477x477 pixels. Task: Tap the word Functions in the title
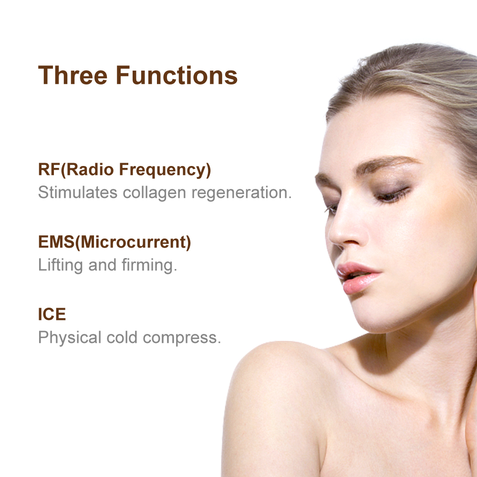point(176,75)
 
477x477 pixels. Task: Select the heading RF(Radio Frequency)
point(124,170)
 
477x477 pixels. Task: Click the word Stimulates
point(78,193)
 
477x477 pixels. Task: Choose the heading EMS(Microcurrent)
point(114,242)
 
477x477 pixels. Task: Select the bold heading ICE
point(52,315)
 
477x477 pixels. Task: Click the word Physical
point(70,338)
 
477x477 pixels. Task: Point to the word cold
point(123,337)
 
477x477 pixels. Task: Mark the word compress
point(182,338)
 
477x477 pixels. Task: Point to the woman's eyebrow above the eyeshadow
point(386,165)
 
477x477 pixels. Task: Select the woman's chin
point(377,320)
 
